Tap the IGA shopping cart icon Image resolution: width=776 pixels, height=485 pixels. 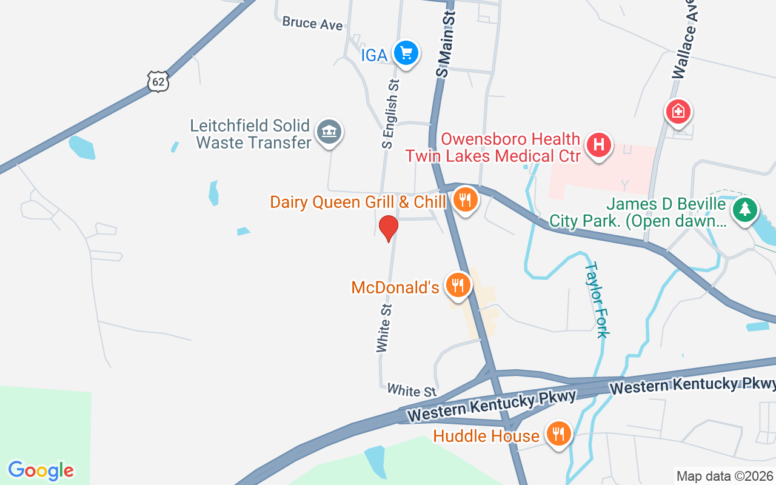pos(406,54)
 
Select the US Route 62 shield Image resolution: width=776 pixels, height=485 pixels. pos(158,81)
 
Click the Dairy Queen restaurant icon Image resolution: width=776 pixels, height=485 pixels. pos(465,199)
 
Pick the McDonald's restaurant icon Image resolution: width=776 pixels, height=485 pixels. pos(458,285)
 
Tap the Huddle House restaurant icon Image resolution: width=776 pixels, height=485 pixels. pos(558,434)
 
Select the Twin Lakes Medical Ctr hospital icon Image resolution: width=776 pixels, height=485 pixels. pos(599,146)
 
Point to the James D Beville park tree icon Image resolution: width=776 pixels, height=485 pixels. pos(745,210)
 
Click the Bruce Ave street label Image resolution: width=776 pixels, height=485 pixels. pos(312,24)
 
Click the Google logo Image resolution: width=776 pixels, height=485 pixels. pos(41,470)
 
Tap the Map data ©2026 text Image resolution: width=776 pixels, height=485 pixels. pos(724,476)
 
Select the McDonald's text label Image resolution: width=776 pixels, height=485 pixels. pos(395,287)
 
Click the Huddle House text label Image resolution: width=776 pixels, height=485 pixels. pos(486,436)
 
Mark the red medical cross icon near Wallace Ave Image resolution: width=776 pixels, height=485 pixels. pos(678,112)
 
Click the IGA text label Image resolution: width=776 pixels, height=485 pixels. pos(374,55)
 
